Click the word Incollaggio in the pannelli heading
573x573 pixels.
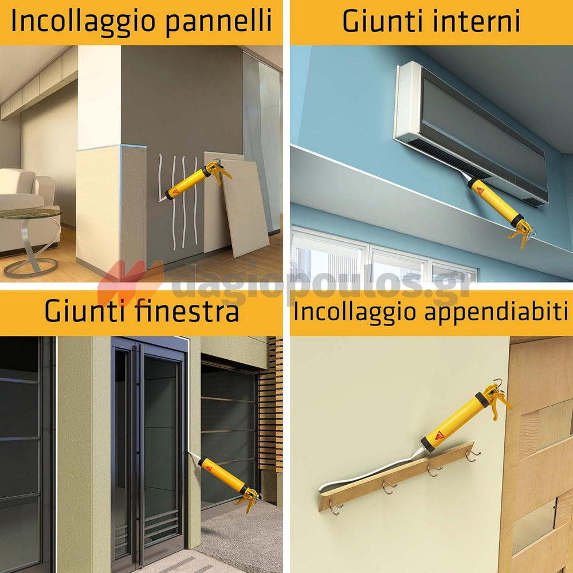(84, 22)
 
